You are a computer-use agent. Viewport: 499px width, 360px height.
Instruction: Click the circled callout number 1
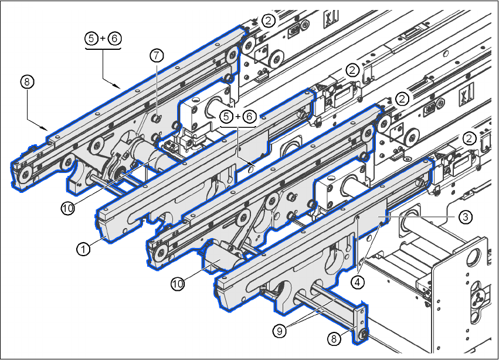tap(83, 249)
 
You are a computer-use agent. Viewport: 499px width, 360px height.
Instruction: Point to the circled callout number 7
tap(155, 56)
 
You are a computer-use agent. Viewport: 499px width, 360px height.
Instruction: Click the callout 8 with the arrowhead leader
tap(25, 81)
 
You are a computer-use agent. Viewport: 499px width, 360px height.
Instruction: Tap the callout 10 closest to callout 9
tap(178, 284)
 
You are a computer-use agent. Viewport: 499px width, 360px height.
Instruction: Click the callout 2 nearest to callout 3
tap(469, 138)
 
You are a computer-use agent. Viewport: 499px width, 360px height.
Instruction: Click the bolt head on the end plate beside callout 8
tap(363, 334)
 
